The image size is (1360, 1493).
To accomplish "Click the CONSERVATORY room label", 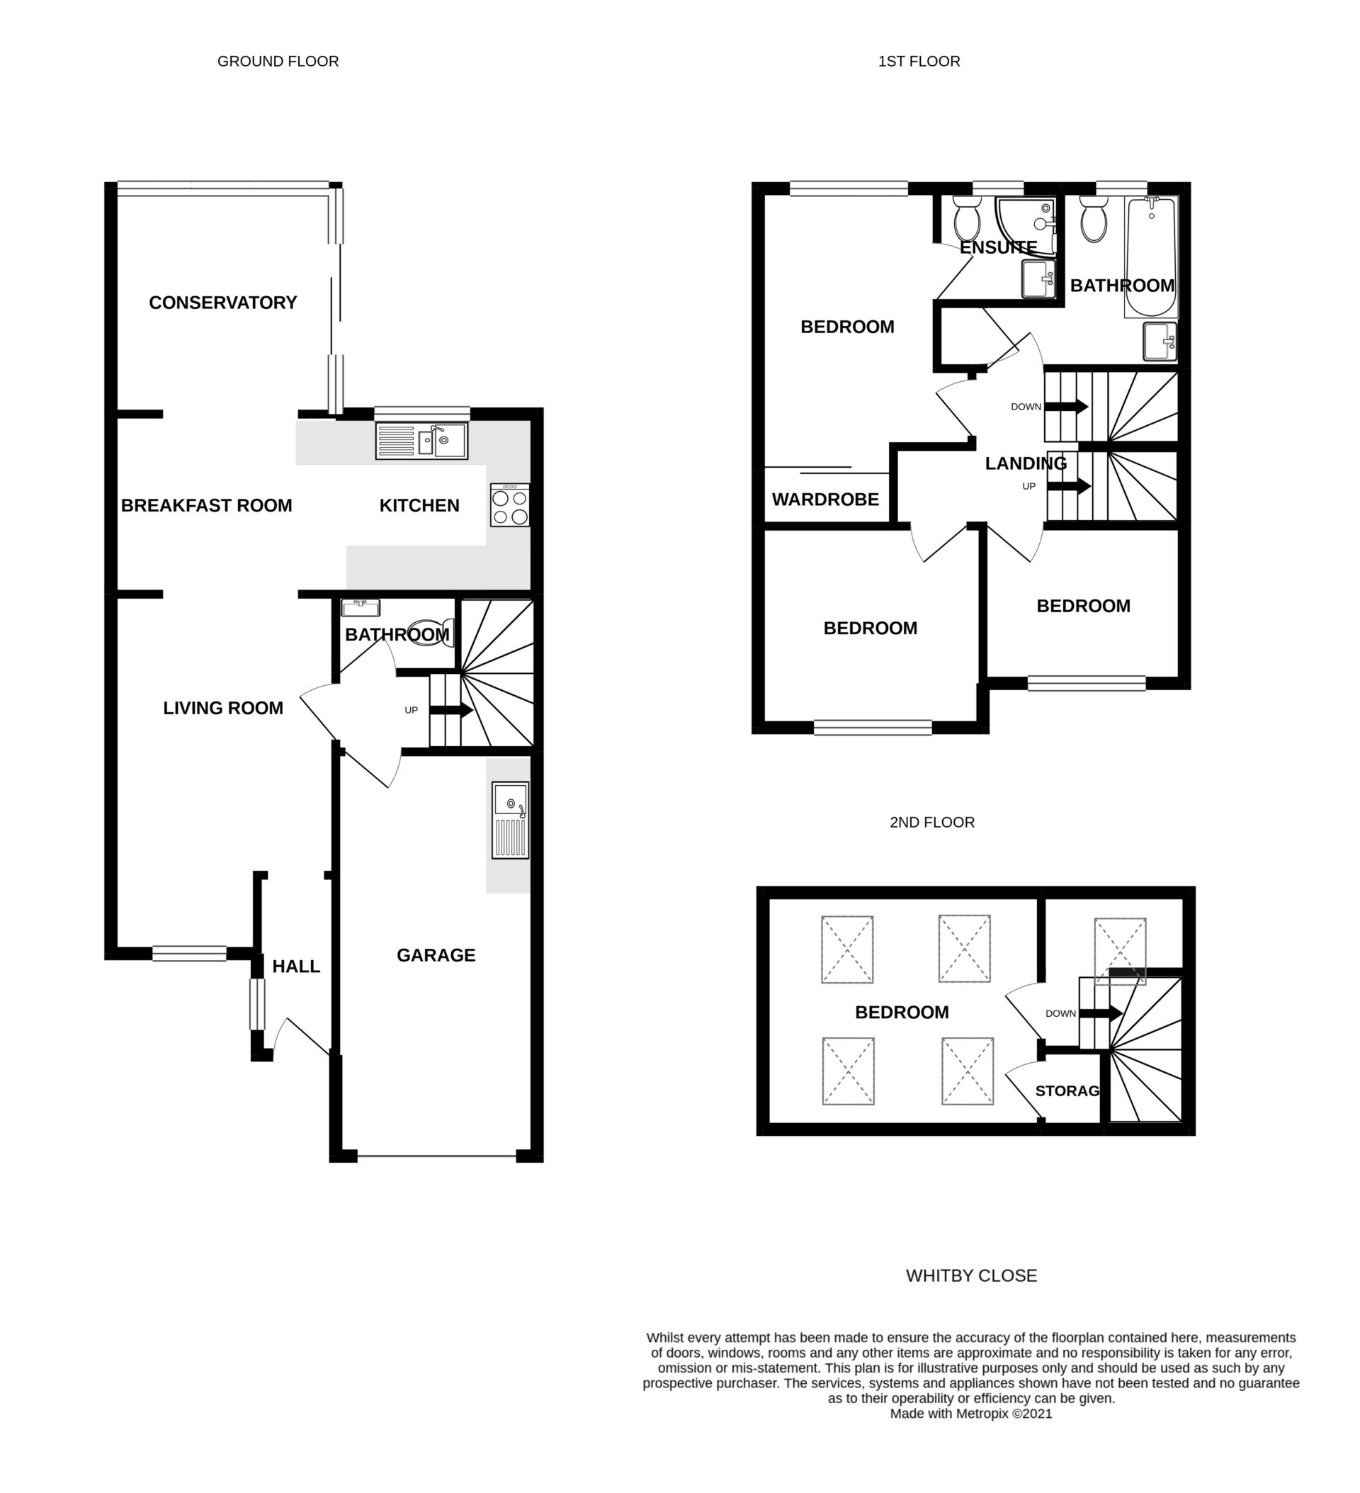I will [x=223, y=302].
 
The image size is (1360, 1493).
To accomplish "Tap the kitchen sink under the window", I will [x=421, y=441].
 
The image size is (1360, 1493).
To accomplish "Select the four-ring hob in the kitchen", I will [x=509, y=505].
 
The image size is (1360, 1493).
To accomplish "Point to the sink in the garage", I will [x=510, y=820].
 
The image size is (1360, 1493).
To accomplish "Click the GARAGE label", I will [x=436, y=955].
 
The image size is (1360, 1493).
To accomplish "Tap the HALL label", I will [x=296, y=967].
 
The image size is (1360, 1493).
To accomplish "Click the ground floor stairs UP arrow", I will [x=451, y=710].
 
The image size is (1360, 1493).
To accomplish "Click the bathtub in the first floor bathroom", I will [x=1150, y=257].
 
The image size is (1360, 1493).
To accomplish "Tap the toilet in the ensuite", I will [x=966, y=218].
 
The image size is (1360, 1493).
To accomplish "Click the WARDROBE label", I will [x=824, y=499].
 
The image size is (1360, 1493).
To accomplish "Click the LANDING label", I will [x=1026, y=463].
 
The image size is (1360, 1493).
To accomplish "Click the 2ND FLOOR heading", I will [x=931, y=822].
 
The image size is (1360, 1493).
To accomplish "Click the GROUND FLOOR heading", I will [x=278, y=62].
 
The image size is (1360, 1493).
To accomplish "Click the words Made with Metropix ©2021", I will [x=970, y=1414].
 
